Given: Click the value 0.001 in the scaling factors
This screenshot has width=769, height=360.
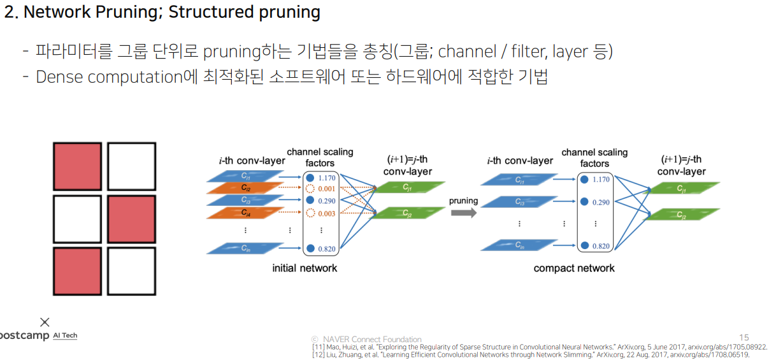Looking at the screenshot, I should point(326,189).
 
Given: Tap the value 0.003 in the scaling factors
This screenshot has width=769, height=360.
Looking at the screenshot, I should point(326,213).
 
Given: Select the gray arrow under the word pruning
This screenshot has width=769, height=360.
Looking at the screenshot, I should point(463,213).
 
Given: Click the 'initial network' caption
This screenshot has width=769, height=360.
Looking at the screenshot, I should point(305,268).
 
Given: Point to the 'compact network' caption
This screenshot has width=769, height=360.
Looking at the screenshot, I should point(574,268).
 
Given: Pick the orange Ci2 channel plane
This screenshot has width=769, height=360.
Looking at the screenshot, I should point(245,188).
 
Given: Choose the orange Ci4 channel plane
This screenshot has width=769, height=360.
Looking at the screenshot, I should point(245,212).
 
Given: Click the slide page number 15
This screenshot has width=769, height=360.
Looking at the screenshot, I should point(744,338).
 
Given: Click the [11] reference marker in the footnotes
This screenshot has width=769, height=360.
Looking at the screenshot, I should point(318,347).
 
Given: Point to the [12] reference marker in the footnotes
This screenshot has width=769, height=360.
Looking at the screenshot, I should point(318,354).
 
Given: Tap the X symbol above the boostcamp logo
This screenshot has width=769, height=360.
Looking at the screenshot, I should point(45,322).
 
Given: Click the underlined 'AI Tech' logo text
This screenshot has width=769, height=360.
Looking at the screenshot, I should point(65,336).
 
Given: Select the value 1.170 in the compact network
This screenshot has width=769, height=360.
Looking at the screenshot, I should point(601,179).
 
